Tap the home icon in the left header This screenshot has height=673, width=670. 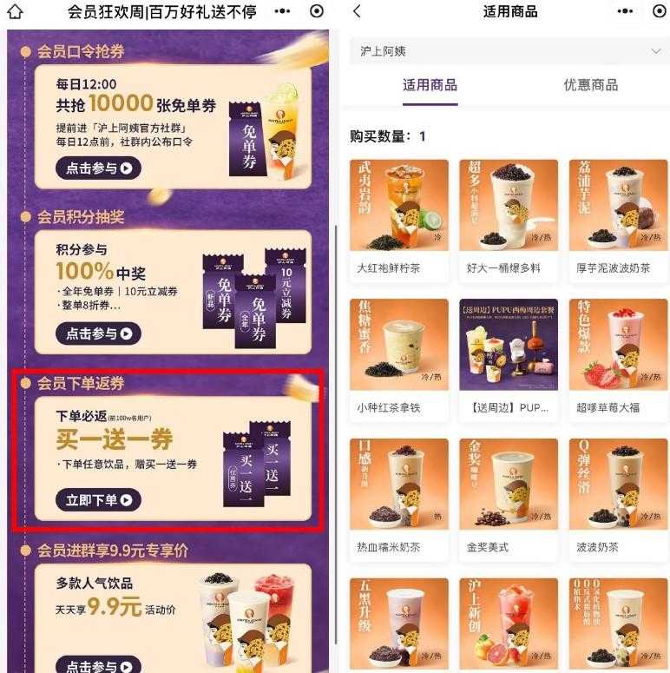point(15,12)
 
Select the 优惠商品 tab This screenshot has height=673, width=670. point(590,85)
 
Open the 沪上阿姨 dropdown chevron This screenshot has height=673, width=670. point(655,52)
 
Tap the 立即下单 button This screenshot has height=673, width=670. point(98,499)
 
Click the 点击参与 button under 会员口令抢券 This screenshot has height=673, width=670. point(98,168)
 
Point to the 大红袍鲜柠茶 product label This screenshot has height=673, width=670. point(388,268)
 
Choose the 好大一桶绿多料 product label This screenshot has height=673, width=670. point(503,268)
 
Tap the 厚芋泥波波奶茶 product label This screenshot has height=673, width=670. point(613,268)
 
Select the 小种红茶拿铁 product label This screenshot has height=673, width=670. point(388,407)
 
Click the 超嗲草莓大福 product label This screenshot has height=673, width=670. point(607,407)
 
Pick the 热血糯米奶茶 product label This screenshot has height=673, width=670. point(388,547)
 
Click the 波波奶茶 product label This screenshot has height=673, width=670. point(597,547)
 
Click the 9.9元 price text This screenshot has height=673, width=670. point(113,607)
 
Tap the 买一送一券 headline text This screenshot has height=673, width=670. point(114,439)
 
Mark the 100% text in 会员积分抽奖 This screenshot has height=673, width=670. point(85,270)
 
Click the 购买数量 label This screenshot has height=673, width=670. point(380,136)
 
